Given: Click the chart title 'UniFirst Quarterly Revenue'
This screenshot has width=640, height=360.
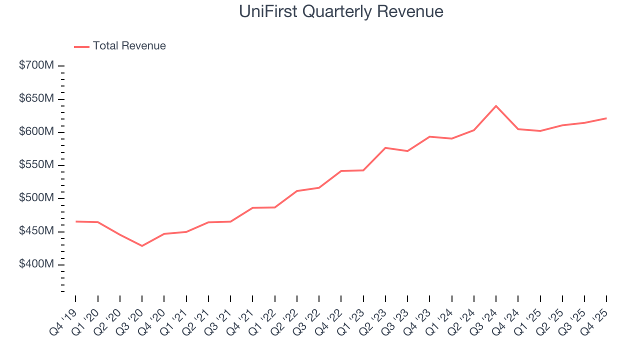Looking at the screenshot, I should pos(341,11).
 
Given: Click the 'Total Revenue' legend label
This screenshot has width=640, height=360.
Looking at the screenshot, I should pos(129,46).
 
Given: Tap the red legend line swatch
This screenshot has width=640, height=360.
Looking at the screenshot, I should pos(81,46).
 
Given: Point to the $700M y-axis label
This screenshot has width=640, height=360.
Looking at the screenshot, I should pos(36,65).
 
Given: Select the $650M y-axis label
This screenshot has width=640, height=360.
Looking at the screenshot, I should pos(36,98).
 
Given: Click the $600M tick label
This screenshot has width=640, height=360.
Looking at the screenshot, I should pos(36,131).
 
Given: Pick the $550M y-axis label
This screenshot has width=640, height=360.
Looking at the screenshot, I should pos(36,165).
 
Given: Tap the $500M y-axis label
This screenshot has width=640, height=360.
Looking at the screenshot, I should pos(36,198).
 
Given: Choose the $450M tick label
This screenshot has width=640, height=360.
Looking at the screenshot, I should pos(36,231).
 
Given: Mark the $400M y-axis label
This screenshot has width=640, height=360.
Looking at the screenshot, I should pos(36,264).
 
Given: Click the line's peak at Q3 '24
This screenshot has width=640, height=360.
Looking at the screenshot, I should pos(495,106).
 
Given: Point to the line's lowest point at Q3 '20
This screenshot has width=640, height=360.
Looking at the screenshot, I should pos(142,246).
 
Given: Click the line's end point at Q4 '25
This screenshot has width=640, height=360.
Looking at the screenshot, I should pos(606,118).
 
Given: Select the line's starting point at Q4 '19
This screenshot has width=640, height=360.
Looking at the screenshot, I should pos(75,221).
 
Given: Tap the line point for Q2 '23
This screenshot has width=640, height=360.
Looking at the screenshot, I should pos(385,148).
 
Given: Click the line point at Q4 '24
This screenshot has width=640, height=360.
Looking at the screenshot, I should pos(517,129).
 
